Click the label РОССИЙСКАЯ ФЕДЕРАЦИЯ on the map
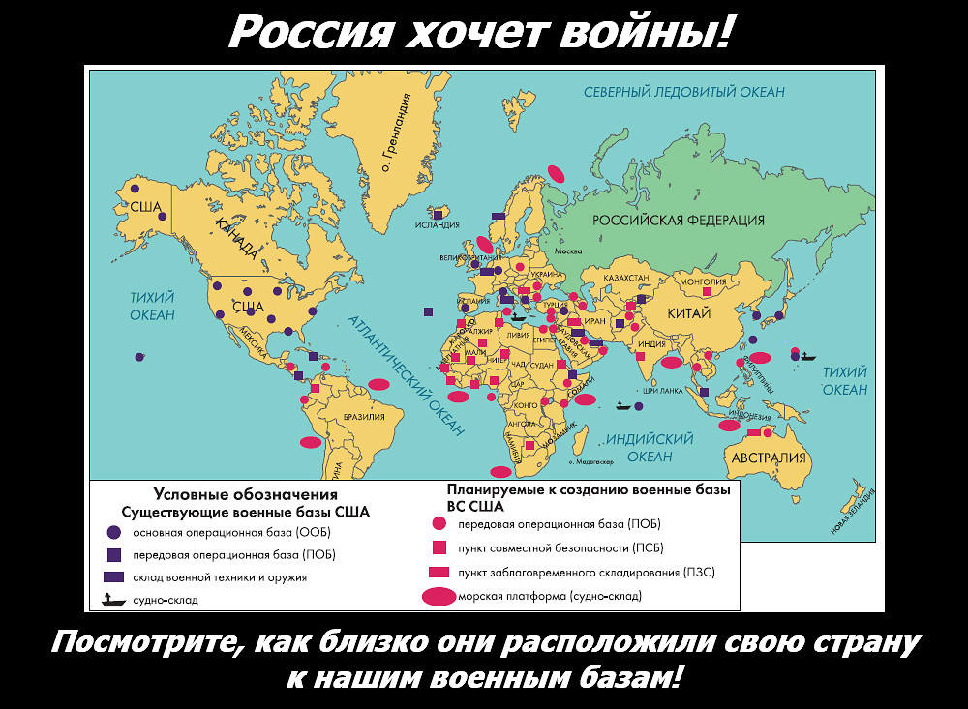679,221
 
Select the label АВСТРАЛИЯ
770,458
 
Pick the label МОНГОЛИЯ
705,281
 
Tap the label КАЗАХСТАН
625,278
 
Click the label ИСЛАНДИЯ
437,225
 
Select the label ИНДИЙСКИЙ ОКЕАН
649,448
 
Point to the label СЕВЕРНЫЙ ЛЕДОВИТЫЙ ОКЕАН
683,92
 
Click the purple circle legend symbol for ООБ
113,532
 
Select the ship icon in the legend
113,599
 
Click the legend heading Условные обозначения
245,494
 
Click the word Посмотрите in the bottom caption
138,643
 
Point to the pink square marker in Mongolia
707,291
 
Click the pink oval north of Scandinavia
556,173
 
